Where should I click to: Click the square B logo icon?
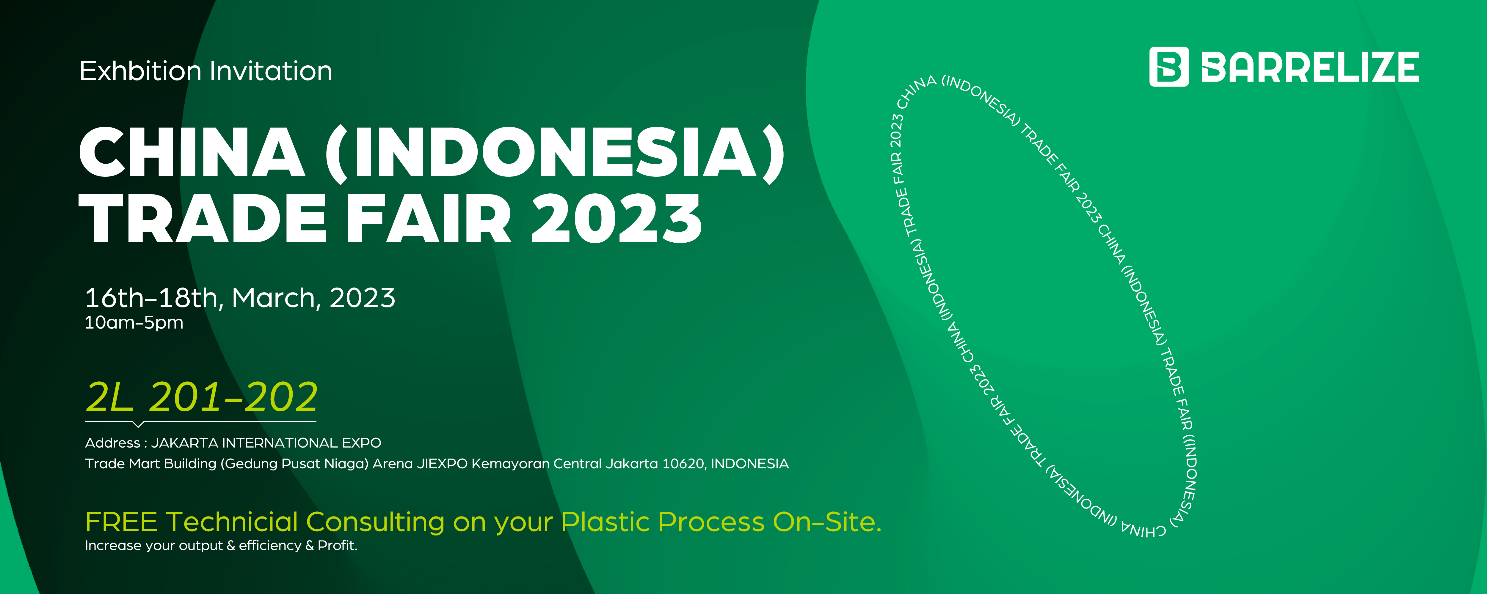point(1169,67)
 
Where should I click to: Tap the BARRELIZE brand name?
point(1310,67)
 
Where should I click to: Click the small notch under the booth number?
point(137,424)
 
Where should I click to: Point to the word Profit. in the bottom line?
point(338,546)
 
